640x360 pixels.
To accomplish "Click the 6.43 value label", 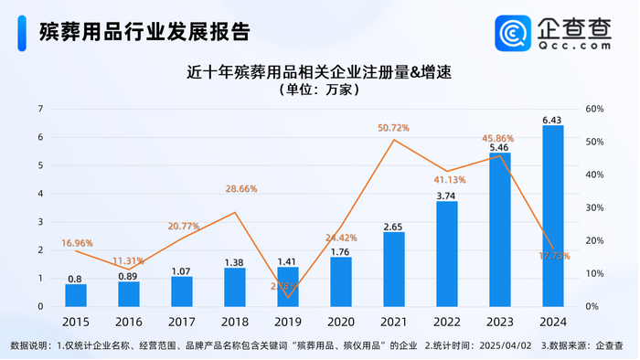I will click(x=552, y=120).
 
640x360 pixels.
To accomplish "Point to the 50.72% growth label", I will click(x=394, y=128).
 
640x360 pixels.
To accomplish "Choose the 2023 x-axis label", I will click(x=499, y=323).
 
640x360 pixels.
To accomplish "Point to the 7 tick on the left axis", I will click(x=40, y=109).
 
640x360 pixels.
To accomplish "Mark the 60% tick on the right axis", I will click(x=592, y=109).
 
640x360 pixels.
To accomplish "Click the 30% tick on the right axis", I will click(x=592, y=207).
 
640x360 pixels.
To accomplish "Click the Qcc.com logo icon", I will click(x=514, y=33).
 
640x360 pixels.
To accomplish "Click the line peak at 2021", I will click(x=393, y=139).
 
